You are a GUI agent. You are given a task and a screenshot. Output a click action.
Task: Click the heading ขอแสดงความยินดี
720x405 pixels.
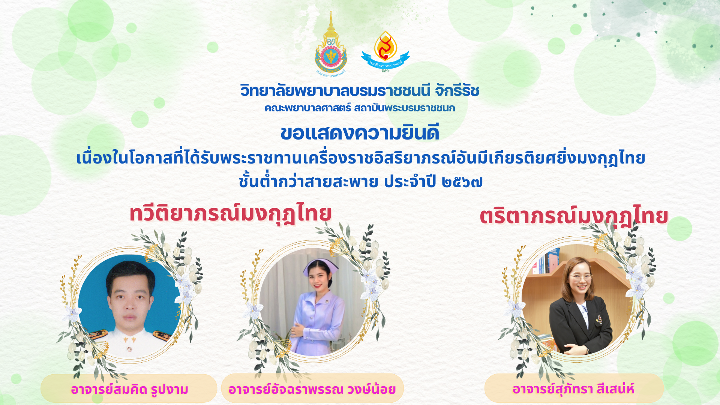tap(360, 133)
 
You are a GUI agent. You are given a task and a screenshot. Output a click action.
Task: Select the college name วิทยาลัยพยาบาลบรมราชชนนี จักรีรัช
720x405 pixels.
tap(360, 90)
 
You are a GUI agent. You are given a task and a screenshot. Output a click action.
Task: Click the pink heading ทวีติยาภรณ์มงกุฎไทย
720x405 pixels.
tap(230, 213)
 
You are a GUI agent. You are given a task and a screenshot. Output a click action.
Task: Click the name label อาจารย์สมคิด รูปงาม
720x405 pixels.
tap(129, 389)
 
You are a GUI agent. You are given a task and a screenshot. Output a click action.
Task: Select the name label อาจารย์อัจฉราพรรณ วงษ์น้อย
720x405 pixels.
tap(312, 389)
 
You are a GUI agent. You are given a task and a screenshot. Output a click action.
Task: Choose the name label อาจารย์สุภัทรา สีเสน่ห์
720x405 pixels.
tap(573, 388)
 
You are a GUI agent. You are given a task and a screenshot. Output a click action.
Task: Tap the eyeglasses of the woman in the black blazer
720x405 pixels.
tap(581, 278)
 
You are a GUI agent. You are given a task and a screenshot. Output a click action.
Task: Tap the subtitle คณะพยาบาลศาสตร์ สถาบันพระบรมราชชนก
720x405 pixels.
tap(360, 108)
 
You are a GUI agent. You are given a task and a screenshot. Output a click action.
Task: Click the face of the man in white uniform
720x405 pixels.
tap(129, 300)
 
